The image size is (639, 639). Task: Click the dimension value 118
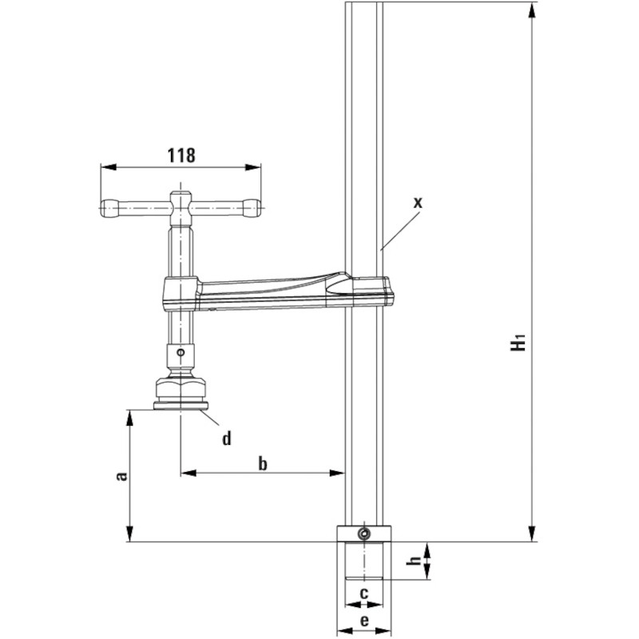coord(181,155)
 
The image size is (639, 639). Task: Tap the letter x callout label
coord(418,202)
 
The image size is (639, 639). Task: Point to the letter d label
coord(227,438)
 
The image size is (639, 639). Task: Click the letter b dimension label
coord(263,463)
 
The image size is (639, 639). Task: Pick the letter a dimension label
coord(121,476)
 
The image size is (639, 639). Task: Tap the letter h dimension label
coord(414,562)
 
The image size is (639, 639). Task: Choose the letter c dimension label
coord(364,592)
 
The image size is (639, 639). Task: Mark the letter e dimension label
coord(364,621)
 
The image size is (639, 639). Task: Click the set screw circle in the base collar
coord(363,534)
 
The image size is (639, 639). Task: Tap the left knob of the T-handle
coord(109,208)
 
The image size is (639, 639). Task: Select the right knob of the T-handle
coord(252,208)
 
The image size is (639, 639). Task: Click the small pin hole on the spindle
coord(181,351)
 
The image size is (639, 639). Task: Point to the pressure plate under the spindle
coord(181,406)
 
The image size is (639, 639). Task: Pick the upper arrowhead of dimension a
coord(129,418)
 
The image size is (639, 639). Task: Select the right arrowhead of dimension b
coord(336,473)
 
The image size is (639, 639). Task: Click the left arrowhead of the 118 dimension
coord(108,167)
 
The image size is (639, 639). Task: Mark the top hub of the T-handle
coord(181,208)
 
